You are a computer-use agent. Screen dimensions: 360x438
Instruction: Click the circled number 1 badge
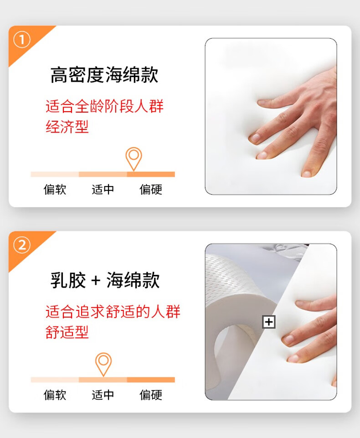(x=21, y=40)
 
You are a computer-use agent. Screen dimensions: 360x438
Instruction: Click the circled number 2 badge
(x=21, y=245)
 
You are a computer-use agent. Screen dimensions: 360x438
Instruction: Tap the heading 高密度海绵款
(x=104, y=75)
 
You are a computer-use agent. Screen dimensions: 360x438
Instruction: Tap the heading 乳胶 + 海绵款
(x=105, y=280)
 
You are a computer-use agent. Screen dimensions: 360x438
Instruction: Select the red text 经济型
(x=67, y=127)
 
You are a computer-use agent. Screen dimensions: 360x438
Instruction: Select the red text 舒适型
(x=67, y=332)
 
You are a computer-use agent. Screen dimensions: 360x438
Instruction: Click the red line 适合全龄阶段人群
(x=104, y=107)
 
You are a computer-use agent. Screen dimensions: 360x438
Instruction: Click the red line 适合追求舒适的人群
(x=113, y=311)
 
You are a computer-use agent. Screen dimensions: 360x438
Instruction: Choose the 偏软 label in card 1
(x=55, y=190)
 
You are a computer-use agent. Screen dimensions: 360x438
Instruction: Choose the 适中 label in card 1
(x=103, y=190)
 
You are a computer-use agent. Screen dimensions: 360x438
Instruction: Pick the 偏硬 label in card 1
(x=151, y=190)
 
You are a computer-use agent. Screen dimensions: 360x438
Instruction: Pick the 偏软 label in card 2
(x=55, y=395)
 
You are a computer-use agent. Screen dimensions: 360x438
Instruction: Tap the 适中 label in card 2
(x=103, y=395)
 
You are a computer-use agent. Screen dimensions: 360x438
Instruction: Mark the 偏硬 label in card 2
(x=151, y=395)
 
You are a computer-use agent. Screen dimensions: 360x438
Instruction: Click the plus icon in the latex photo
(x=269, y=322)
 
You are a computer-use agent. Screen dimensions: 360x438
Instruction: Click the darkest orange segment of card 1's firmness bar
(x=151, y=174)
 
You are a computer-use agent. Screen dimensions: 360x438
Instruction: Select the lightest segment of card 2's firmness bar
(x=55, y=380)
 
